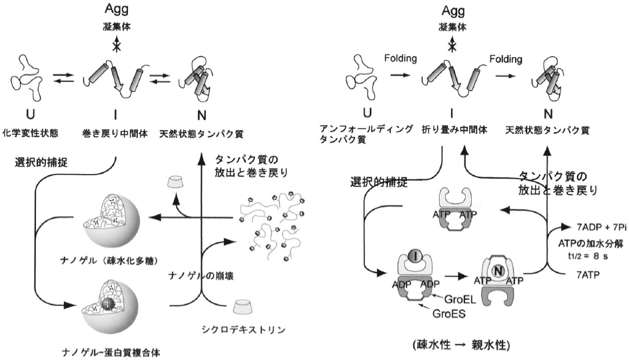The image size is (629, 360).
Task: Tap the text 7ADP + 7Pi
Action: coord(593,227)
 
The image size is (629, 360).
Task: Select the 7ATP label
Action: coord(587,274)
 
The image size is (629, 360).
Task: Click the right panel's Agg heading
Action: coord(452,11)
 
